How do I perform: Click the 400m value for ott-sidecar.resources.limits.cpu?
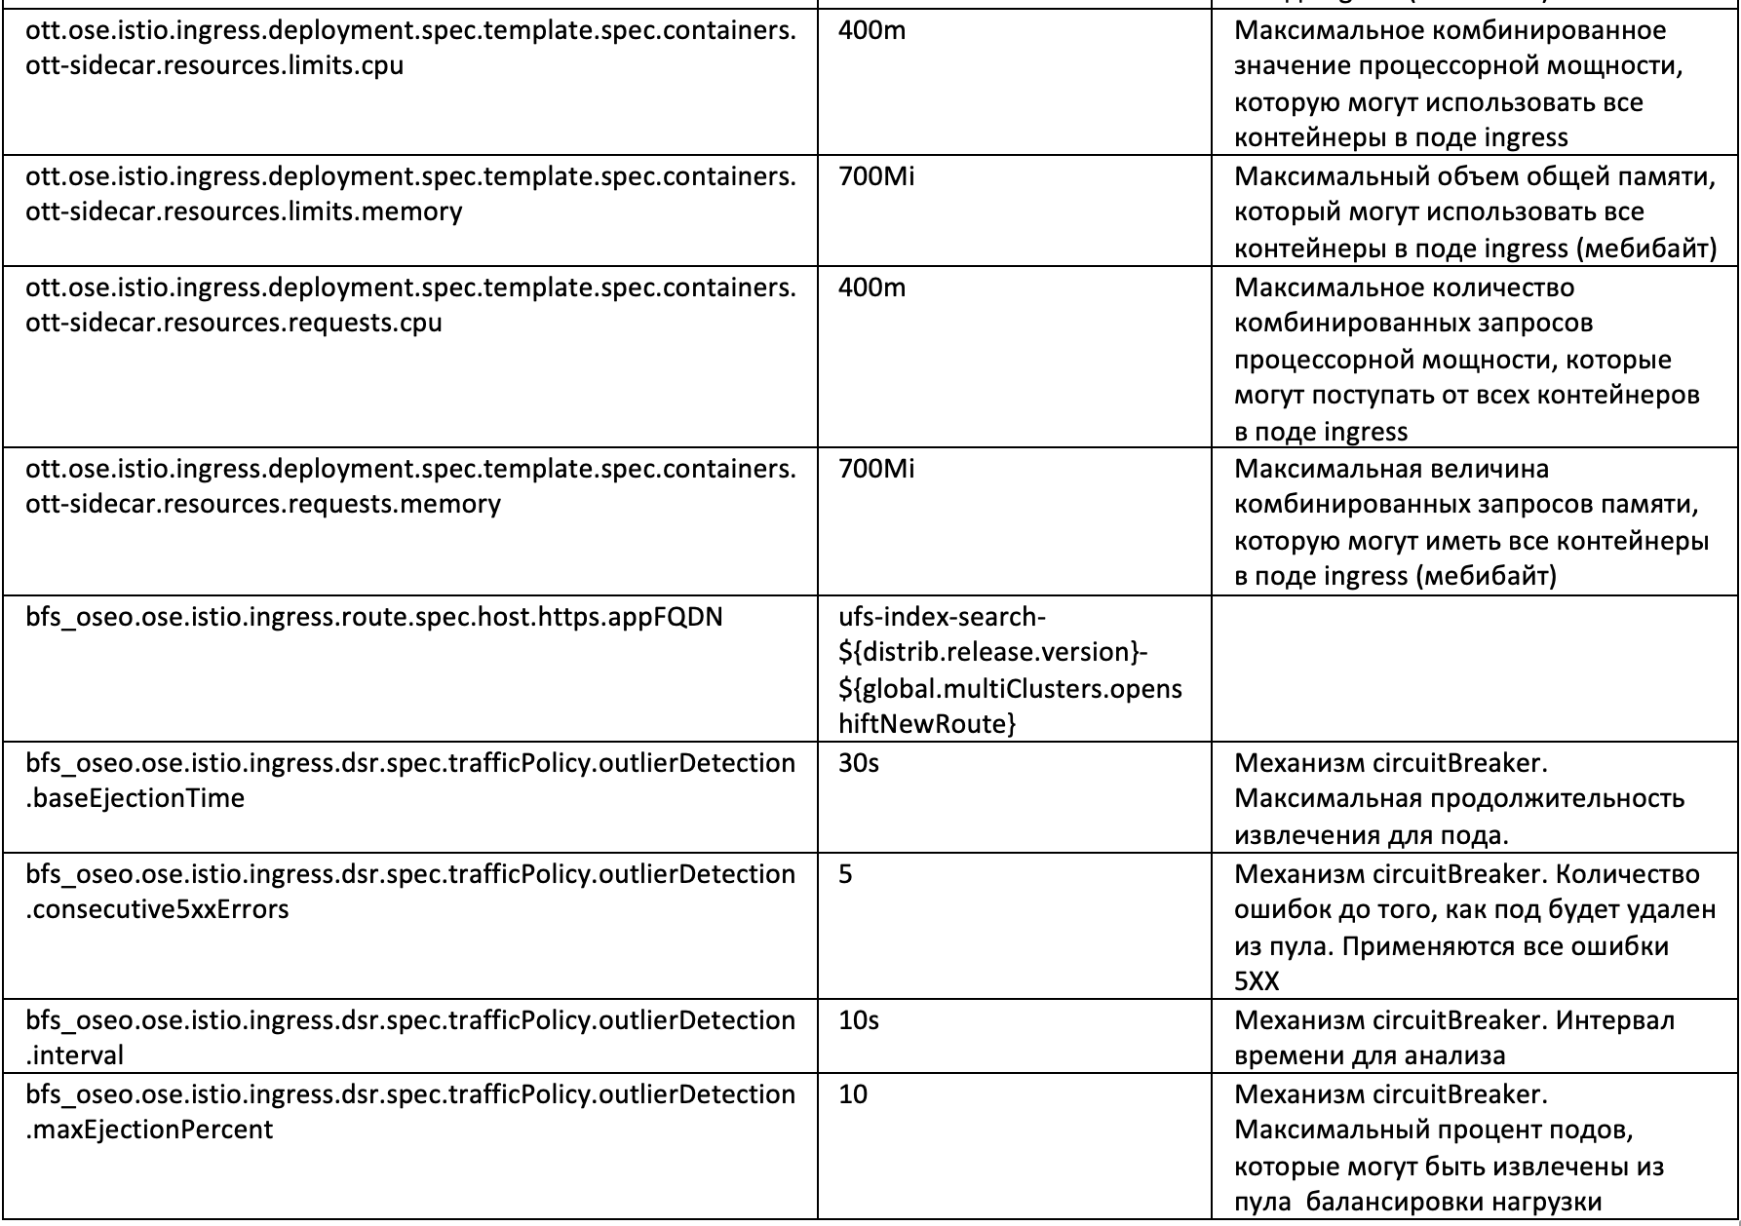[x=871, y=31]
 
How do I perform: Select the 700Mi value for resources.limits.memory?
[x=876, y=177]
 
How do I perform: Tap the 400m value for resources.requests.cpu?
[x=871, y=288]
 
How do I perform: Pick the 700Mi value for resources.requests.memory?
[x=876, y=470]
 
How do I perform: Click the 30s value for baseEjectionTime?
[x=858, y=764]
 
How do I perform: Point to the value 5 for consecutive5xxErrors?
[x=845, y=875]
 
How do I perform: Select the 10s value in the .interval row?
[x=858, y=1021]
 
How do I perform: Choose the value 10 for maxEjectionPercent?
[x=852, y=1095]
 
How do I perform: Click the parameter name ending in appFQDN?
[x=374, y=618]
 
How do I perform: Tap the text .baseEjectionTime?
[x=135, y=799]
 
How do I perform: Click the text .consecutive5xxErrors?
[x=158, y=910]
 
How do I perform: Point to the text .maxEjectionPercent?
[x=150, y=1130]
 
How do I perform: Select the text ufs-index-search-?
[x=942, y=618]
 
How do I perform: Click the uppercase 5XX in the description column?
[x=1257, y=982]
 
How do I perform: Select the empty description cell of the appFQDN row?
[x=1474, y=669]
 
